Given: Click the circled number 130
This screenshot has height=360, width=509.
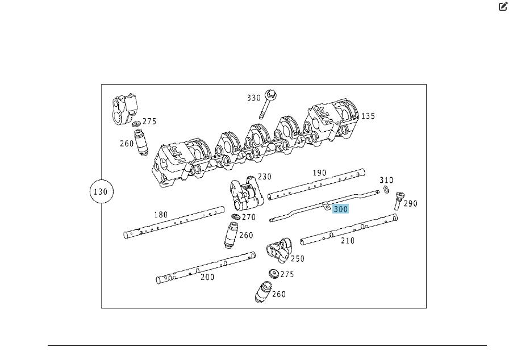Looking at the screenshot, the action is click(x=101, y=192).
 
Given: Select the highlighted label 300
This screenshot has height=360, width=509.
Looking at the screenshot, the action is click(x=340, y=209).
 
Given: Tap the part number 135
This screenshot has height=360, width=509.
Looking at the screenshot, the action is click(x=368, y=116).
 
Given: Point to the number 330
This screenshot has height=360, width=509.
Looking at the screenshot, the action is click(x=254, y=98).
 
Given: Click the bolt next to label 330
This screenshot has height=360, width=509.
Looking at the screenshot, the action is click(x=268, y=104).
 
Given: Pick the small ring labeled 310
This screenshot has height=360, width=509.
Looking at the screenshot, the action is click(x=386, y=190).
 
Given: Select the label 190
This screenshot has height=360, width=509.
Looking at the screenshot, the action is click(x=319, y=173).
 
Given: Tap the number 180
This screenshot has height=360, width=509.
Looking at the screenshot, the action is click(x=161, y=215).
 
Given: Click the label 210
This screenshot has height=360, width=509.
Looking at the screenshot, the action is click(x=347, y=241).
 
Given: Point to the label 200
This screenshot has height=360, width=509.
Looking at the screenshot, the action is click(x=207, y=277).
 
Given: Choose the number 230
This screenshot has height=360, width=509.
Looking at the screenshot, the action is click(x=265, y=177).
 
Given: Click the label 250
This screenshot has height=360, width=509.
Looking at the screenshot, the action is click(x=297, y=258).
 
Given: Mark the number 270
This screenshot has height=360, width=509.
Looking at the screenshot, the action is click(x=249, y=217).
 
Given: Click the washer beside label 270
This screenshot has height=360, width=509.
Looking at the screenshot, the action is click(x=236, y=217).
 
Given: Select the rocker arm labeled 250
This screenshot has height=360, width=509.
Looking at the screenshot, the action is click(x=278, y=250).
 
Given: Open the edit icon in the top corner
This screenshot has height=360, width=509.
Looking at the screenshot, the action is click(x=503, y=6).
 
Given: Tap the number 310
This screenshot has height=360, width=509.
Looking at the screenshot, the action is click(x=386, y=180).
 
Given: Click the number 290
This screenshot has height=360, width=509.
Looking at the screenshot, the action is click(x=410, y=203).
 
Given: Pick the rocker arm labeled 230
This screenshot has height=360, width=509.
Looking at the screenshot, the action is click(x=247, y=194).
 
